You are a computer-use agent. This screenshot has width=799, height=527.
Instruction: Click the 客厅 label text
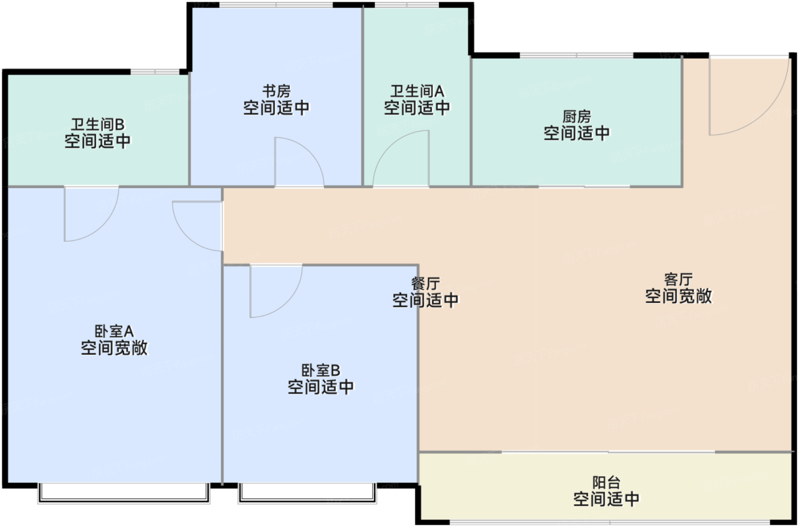679,279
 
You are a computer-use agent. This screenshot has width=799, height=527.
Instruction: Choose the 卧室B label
320,371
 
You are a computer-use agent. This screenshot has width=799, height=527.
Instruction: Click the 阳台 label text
606,483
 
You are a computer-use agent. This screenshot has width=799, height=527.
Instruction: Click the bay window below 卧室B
308,493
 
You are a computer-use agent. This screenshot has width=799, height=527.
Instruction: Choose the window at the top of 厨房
576,55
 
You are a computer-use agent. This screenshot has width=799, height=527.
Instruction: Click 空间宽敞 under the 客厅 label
679,297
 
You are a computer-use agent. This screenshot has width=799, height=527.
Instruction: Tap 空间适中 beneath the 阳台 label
606,500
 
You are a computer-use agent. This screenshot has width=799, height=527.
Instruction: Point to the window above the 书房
276,5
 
